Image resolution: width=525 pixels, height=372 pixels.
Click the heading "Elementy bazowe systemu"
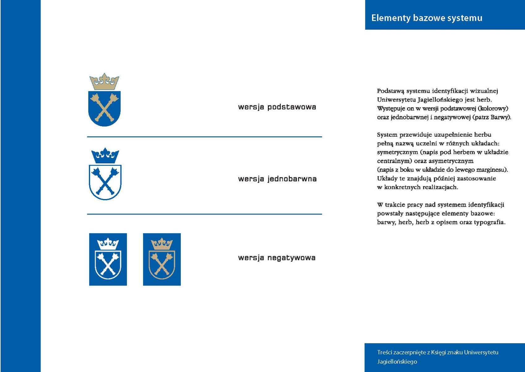[427, 18]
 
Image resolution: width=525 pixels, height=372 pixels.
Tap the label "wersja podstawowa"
[277, 107]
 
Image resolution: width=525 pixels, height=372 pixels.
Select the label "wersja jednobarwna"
[277, 179]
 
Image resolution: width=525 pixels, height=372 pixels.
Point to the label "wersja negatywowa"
[277, 258]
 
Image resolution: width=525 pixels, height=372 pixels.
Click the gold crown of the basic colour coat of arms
[104, 82]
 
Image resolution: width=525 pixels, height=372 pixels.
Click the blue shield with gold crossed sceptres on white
[104, 108]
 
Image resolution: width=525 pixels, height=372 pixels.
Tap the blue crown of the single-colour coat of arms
[105, 156]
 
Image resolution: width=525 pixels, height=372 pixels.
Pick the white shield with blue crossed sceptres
[105, 182]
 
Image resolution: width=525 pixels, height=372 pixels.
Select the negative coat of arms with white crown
[108, 259]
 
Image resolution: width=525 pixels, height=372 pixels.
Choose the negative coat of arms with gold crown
[162, 259]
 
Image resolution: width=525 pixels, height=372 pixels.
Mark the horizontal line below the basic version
[204, 137]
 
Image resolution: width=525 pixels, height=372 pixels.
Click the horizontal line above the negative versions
[204, 214]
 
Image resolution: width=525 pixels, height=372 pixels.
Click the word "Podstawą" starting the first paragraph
[390, 91]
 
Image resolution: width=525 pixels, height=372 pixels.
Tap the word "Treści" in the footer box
[384, 352]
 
